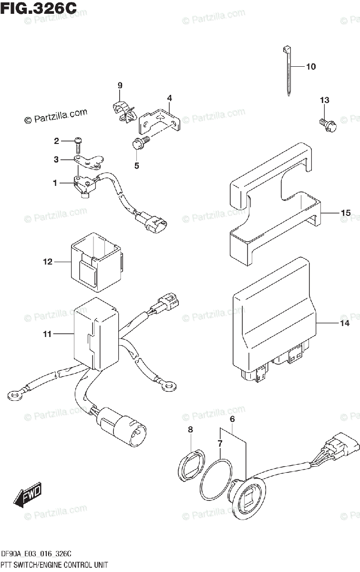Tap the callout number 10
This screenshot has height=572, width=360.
click(310, 67)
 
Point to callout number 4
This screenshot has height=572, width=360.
click(169, 98)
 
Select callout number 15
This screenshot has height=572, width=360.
click(346, 213)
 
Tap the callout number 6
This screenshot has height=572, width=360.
click(232, 419)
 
